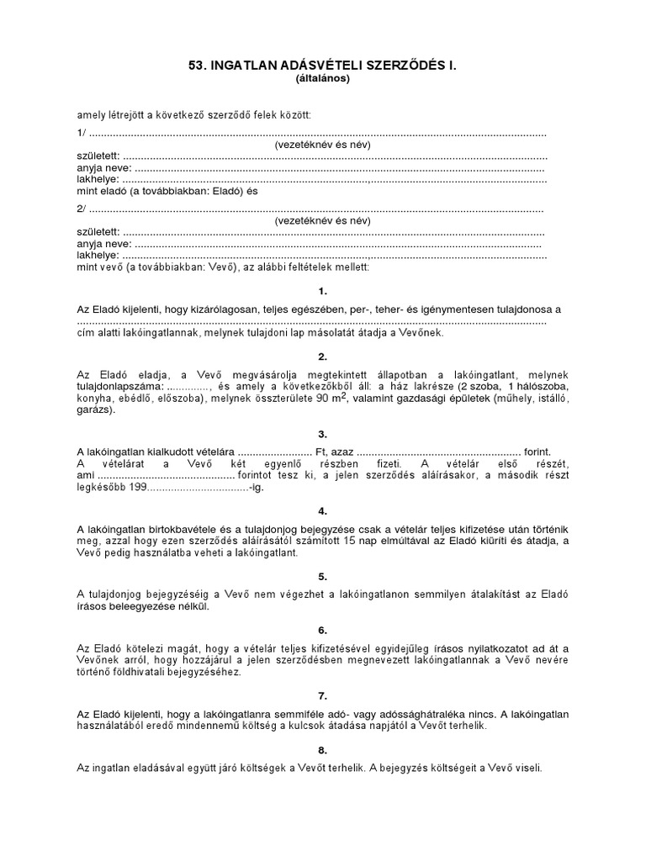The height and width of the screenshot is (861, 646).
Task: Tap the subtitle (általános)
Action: pyautogui.click(x=323, y=79)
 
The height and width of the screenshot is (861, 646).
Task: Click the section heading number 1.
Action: pyautogui.click(x=323, y=291)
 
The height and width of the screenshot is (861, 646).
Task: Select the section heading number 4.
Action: pyautogui.click(x=323, y=510)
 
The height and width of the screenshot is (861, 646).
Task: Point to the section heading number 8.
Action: pyautogui.click(x=323, y=750)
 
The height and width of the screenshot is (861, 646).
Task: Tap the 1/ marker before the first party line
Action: pyautogui.click(x=81, y=134)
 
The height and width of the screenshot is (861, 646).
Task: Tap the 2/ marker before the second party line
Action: pyautogui.click(x=81, y=209)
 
